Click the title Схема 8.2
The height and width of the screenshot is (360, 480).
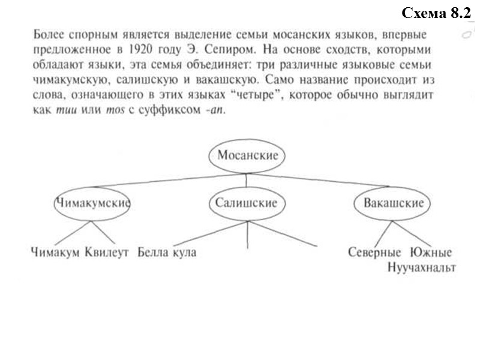[434, 13]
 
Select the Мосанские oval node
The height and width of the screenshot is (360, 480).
[247, 155]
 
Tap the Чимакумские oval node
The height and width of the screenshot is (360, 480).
[92, 203]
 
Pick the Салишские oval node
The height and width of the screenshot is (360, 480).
[247, 203]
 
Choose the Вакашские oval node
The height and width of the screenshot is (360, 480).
[393, 203]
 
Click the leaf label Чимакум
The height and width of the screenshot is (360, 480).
[55, 253]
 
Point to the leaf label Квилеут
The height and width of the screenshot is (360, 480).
[107, 253]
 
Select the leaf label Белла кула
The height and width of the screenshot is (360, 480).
[167, 253]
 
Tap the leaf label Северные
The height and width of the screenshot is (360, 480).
[374, 253]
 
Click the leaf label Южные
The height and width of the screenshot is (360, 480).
[431, 253]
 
